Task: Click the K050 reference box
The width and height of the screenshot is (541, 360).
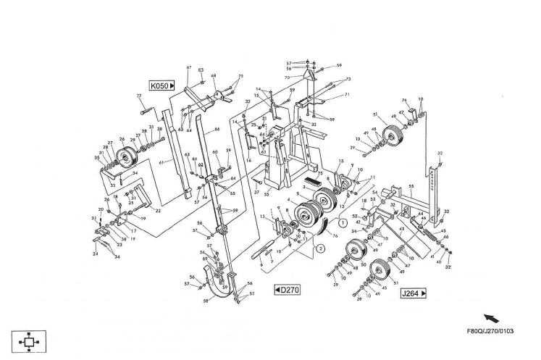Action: coord(162,85)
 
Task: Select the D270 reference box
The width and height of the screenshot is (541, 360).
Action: coord(287,290)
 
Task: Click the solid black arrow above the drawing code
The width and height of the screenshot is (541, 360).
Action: coord(492,317)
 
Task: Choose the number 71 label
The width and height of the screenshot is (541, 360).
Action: coord(346,95)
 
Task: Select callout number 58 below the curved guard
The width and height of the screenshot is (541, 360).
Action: coord(205,300)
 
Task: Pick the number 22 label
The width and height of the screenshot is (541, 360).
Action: coord(158,211)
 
